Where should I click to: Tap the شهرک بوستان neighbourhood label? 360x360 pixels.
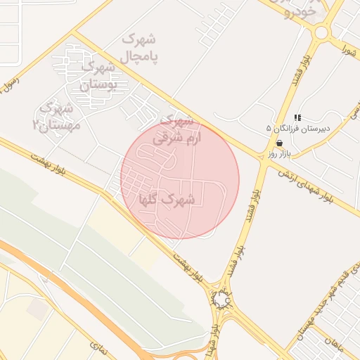(96, 76)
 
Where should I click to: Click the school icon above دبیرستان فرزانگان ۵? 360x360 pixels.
(297, 117)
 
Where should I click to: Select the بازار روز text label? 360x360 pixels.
(278, 153)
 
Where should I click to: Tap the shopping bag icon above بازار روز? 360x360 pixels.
(279, 143)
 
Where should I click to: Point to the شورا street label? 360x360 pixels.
(349, 49)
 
